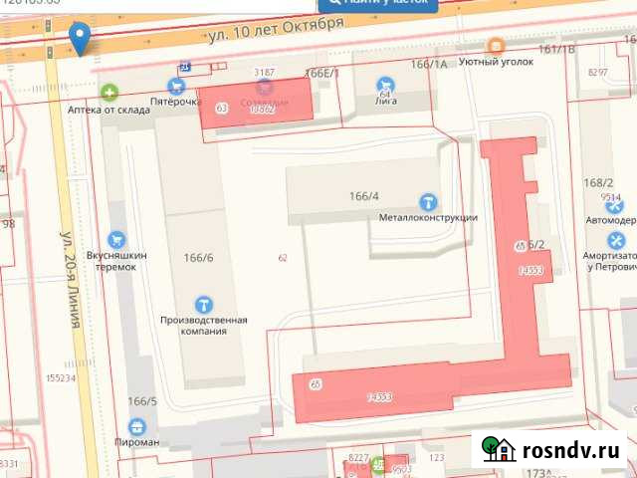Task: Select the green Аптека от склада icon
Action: pos(109,93)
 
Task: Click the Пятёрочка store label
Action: pos(169,102)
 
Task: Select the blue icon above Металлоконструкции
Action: pos(429,201)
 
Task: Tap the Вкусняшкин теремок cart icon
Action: pos(117,239)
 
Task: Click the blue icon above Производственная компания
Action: pos(203,304)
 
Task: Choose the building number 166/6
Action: pos(198,258)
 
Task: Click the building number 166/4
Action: pos(364,196)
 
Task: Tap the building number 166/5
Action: pos(142,401)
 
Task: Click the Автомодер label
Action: pos(610,220)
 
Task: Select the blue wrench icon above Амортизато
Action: pos(617,240)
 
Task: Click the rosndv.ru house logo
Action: pos(499,450)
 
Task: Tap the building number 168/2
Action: pos(599,183)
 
